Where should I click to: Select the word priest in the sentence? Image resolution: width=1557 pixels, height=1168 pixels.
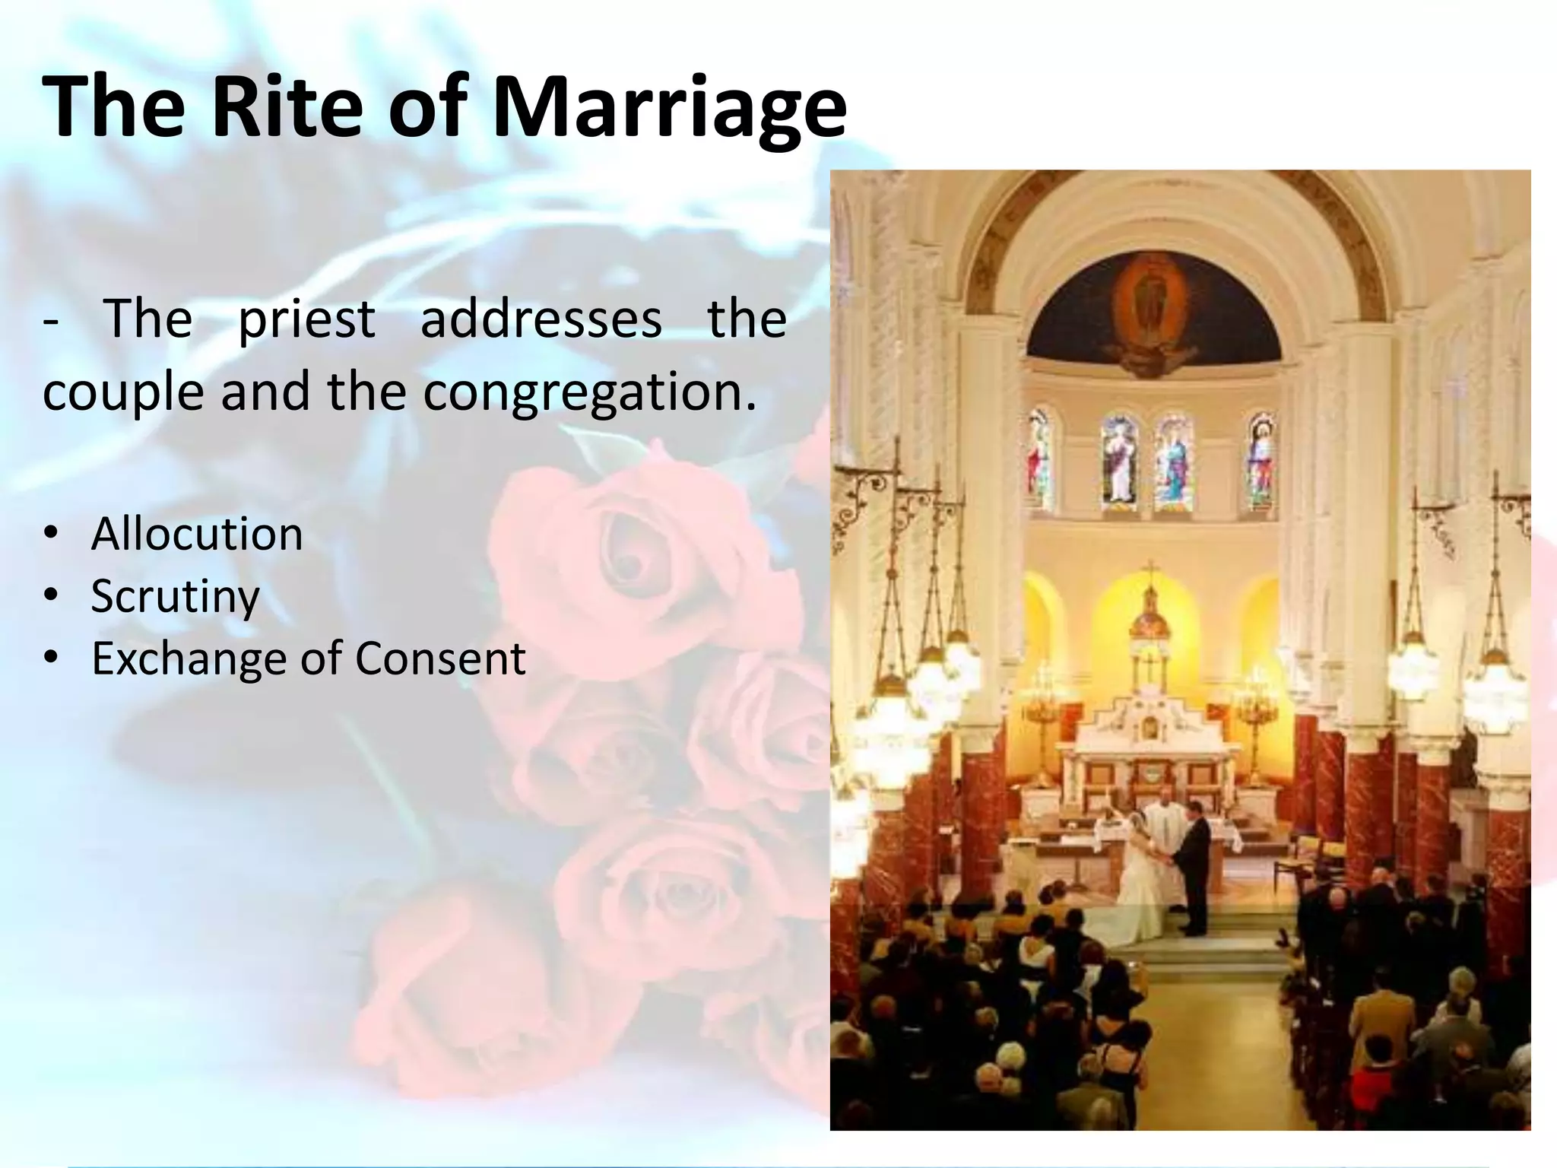click(306, 319)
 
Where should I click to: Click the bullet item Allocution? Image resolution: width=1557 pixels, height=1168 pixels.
click(197, 534)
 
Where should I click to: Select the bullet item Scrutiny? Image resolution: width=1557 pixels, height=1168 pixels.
click(176, 596)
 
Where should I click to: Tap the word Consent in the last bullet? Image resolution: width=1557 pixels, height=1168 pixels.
click(440, 658)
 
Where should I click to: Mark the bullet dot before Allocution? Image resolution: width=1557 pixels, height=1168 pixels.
click(51, 534)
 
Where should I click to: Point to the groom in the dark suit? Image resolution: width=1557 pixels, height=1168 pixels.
click(1192, 867)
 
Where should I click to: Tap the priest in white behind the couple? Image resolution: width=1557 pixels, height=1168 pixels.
click(1162, 821)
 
